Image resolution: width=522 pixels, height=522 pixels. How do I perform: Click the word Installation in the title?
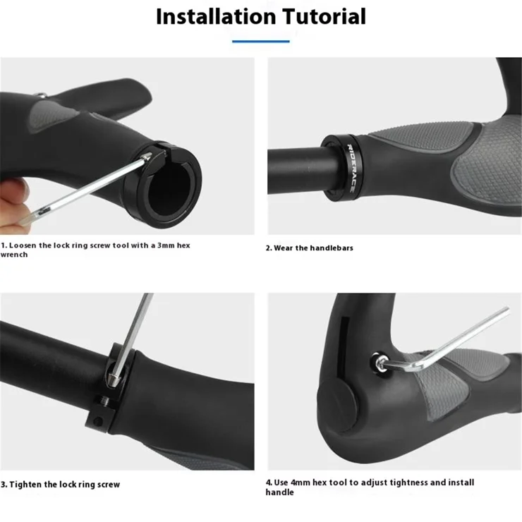216,16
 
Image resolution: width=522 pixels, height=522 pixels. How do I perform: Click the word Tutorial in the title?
324,16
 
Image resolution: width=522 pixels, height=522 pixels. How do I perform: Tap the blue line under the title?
261,42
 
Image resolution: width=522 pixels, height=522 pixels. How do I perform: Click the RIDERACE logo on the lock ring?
351,168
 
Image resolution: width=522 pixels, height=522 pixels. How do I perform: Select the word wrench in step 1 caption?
14,255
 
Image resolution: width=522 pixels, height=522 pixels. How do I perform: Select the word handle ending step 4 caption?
279,492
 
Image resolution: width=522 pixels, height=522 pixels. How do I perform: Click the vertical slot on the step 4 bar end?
344,347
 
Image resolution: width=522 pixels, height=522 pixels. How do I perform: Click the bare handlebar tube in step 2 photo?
296,171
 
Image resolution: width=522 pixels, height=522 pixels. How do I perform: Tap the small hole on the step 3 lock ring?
97,421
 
